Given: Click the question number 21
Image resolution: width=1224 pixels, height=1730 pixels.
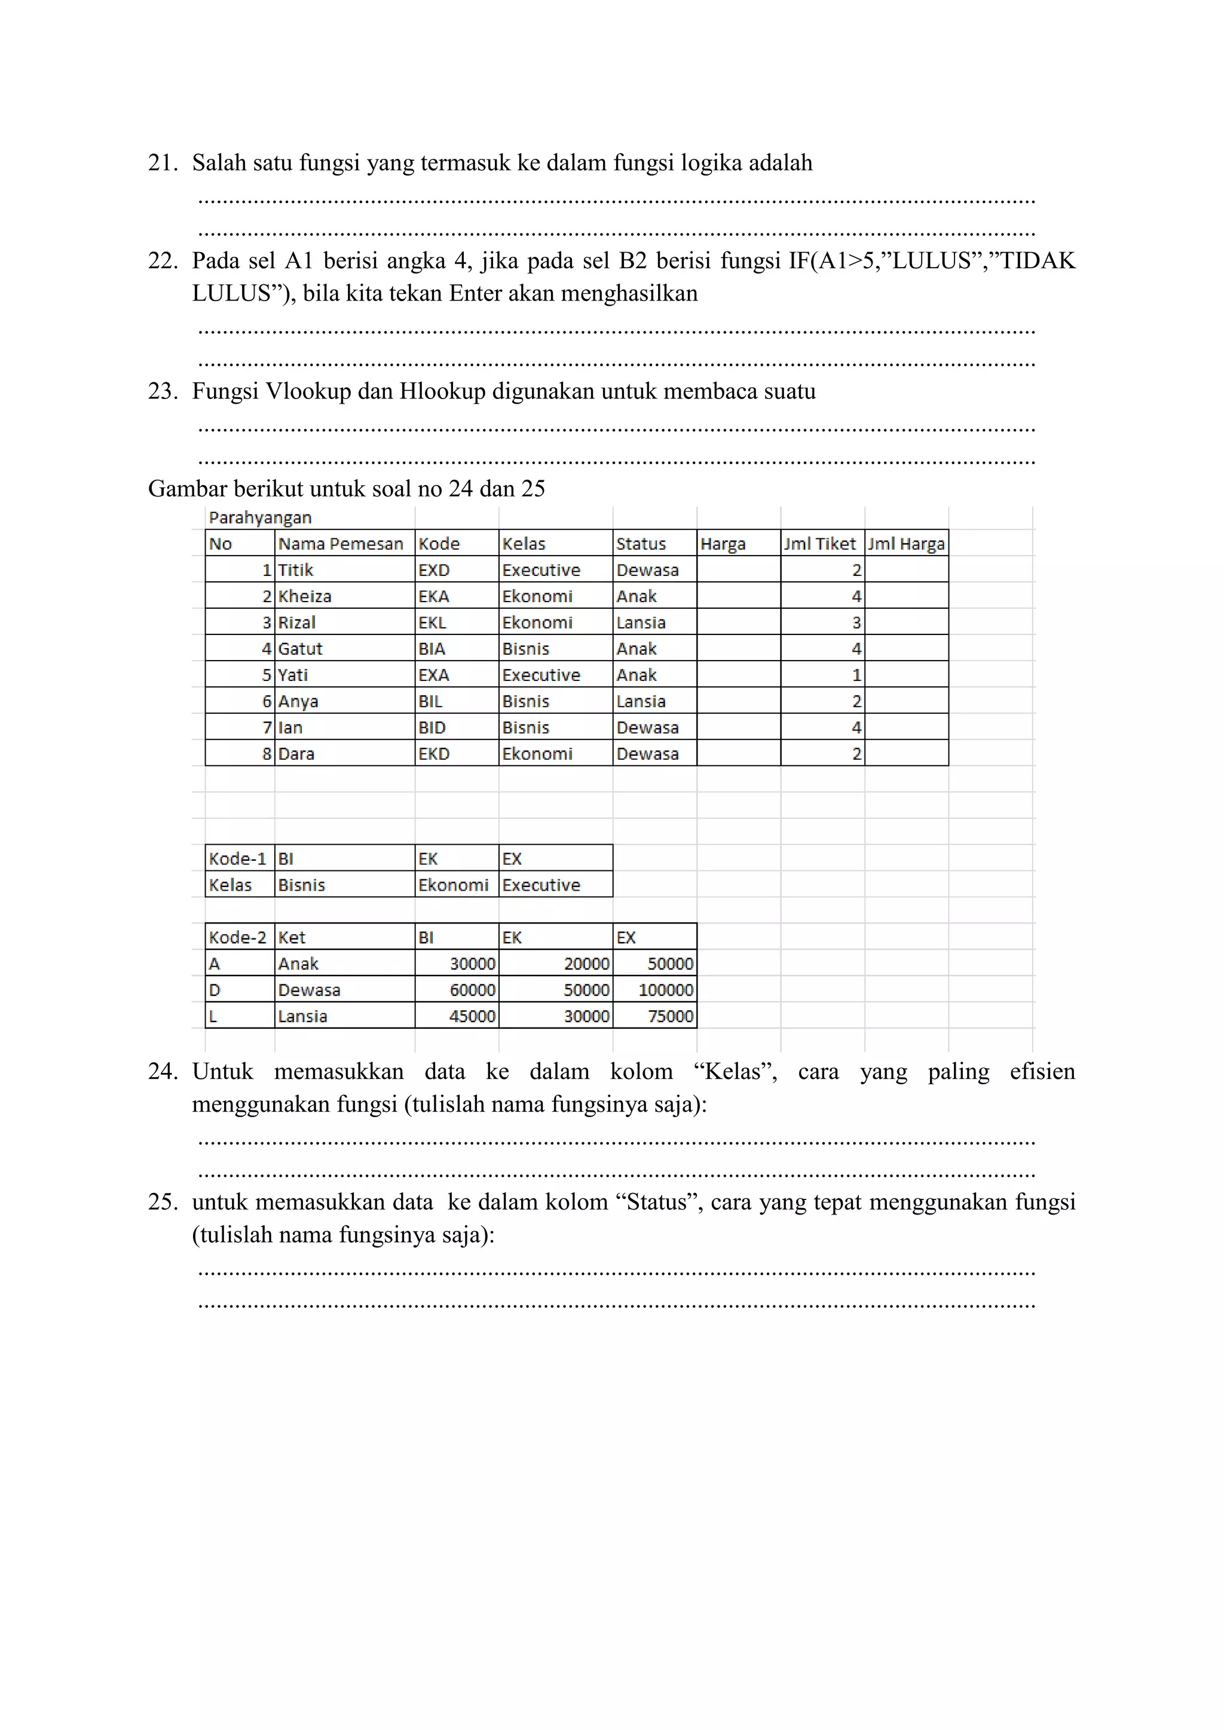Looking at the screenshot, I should (162, 162).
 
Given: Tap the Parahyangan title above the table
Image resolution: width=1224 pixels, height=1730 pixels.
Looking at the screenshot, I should (260, 518).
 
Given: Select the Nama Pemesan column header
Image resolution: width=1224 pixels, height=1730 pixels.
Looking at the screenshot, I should (341, 544).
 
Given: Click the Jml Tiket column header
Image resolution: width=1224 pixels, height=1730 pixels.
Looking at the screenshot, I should (820, 544).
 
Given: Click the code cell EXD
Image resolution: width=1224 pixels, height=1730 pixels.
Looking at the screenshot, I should (434, 570).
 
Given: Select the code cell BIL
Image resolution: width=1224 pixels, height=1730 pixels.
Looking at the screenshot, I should (430, 701).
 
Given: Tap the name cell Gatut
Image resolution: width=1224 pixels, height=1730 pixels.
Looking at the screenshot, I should (300, 649).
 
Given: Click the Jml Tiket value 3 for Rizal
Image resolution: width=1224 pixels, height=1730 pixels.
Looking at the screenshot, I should (856, 623).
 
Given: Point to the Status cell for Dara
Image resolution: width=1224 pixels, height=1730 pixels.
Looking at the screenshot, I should (647, 754).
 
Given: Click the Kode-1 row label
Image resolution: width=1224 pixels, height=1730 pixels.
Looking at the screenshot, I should (237, 859).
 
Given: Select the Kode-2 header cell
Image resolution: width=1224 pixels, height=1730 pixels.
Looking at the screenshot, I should (237, 938).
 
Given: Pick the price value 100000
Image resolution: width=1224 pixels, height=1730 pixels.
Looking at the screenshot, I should (666, 990).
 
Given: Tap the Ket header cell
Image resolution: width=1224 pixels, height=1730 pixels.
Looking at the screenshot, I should (292, 938).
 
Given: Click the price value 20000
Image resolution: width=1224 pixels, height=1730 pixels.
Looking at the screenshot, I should (586, 964).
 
